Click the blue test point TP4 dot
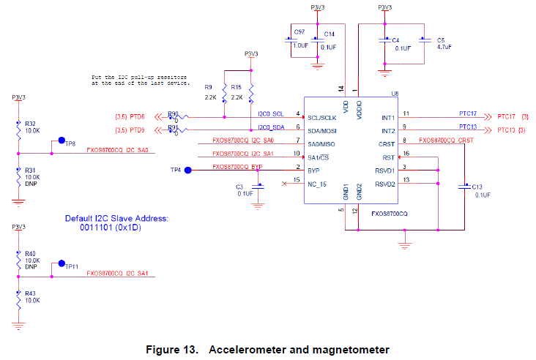(187, 170)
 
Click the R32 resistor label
(30, 124)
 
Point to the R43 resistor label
(30, 294)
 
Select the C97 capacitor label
(299, 33)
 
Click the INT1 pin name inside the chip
(389, 118)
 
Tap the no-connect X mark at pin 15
(284, 183)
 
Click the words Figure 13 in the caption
(172, 349)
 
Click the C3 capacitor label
(239, 187)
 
